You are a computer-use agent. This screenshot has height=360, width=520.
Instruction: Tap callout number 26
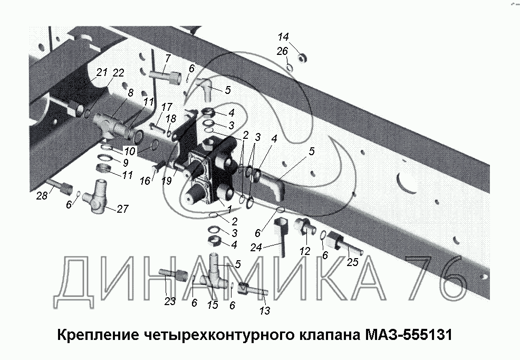(283, 51)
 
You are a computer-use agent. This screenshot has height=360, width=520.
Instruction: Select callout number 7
(168, 59)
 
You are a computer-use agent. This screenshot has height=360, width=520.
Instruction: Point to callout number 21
(102, 72)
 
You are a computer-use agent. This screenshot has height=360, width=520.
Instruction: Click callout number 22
(118, 73)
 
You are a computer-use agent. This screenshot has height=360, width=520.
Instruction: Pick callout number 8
(130, 93)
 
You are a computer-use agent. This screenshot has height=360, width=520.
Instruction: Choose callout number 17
(167, 107)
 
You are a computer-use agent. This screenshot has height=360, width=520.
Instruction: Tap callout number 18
(171, 118)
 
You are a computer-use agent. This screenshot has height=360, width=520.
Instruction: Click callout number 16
(145, 181)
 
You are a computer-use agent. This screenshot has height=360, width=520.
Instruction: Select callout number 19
(167, 181)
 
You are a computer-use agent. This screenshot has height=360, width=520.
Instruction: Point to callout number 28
(42, 196)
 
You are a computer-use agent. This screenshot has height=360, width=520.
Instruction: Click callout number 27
(122, 209)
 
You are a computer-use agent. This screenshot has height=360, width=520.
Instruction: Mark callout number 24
(256, 247)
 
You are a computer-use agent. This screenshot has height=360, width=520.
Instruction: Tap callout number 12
(305, 251)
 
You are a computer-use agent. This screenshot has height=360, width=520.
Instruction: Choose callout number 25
(352, 262)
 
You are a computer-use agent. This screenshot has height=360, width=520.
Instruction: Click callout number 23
(170, 301)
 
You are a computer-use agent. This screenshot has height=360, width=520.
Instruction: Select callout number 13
(265, 310)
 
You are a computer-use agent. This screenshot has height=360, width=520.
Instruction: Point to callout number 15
(213, 305)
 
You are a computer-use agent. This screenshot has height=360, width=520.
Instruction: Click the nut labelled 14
(302, 59)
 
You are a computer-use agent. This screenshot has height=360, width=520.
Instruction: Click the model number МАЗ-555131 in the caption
(408, 335)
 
